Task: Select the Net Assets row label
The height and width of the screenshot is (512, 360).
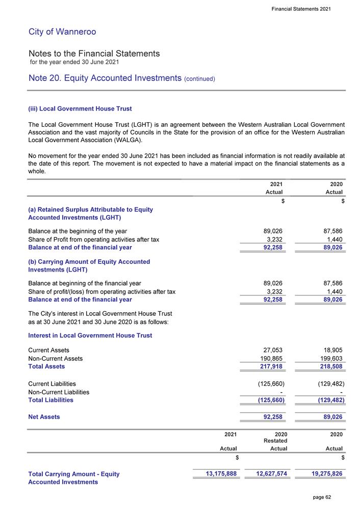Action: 44,417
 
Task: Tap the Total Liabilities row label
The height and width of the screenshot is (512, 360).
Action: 50,400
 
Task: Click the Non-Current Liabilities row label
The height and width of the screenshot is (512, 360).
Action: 59,392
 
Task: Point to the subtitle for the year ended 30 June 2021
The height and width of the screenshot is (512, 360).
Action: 74,62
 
